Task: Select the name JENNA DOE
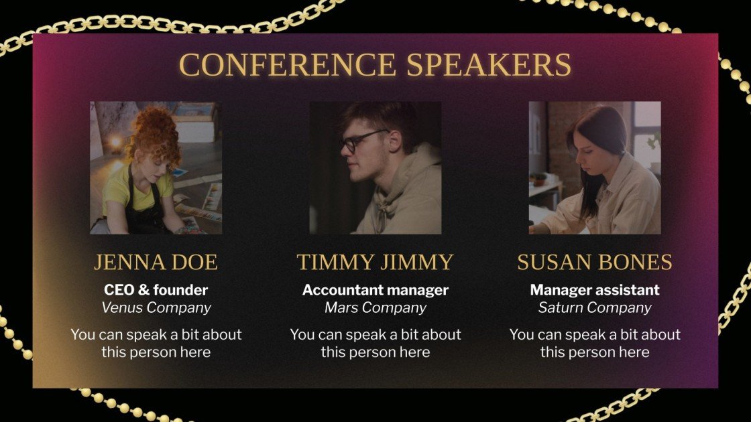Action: coord(156,262)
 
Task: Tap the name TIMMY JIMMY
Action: coord(375,262)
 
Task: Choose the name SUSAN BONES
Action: coord(594,262)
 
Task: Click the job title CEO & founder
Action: coord(156,290)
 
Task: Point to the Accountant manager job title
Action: coord(375,290)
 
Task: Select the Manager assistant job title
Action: coord(594,290)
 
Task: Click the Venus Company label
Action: coord(156,307)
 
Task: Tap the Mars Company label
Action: coord(375,307)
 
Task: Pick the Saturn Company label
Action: coord(594,307)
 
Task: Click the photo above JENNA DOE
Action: coord(156,167)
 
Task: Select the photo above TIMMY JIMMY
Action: coord(375,167)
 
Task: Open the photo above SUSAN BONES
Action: coord(594,167)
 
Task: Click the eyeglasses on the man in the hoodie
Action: coord(362,141)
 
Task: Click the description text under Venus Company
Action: coord(156,343)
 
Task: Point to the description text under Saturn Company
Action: coord(594,343)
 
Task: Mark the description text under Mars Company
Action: coord(375,343)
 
